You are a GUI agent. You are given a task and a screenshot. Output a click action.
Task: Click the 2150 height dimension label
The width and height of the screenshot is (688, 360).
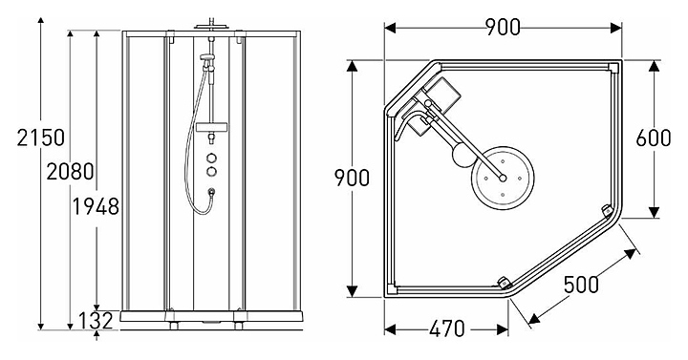41,138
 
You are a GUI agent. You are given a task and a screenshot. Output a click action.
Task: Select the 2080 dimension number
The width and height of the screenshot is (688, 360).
70,171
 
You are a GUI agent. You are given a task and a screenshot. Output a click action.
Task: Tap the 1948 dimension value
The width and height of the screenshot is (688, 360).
96,206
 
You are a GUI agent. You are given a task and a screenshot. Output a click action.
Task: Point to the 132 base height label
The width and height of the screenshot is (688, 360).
97,321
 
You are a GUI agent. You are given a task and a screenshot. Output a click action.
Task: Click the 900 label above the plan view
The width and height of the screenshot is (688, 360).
503,28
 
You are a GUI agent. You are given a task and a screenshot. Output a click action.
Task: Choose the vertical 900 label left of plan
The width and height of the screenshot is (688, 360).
352,178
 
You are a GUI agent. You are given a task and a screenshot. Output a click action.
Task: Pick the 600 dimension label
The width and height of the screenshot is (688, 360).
654,138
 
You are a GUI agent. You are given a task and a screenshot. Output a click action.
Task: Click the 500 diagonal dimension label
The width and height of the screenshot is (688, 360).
581,285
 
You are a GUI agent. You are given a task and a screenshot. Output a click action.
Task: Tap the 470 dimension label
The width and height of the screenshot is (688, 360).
446,328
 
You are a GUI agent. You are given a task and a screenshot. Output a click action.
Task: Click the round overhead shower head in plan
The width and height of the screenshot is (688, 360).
503,178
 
